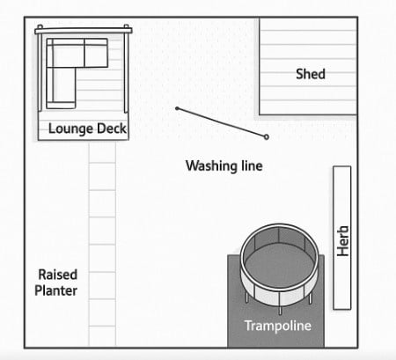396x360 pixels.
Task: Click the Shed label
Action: pyautogui.click(x=311, y=74)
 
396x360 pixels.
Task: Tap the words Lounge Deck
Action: pyautogui.click(x=87, y=129)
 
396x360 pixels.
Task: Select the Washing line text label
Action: pyautogui.click(x=224, y=165)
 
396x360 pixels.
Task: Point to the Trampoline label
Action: pyautogui.click(x=278, y=326)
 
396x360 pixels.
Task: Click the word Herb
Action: pyautogui.click(x=342, y=241)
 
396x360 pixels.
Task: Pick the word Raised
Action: pyautogui.click(x=58, y=275)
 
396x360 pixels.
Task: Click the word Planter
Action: pyautogui.click(x=55, y=290)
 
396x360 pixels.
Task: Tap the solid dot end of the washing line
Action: pyautogui.click(x=177, y=108)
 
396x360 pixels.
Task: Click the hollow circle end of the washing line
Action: pyautogui.click(x=267, y=136)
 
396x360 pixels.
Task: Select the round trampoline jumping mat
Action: pyautogui.click(x=279, y=266)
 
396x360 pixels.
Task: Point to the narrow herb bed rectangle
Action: pyautogui.click(x=342, y=238)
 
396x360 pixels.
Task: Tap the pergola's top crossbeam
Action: pyautogui.click(x=84, y=31)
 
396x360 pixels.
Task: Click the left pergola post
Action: pyautogui.click(x=40, y=68)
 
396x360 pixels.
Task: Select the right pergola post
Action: pyautogui.click(x=126, y=69)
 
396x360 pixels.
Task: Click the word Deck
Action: pyautogui.click(x=112, y=129)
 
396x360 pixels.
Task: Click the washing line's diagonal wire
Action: pyautogui.click(x=222, y=122)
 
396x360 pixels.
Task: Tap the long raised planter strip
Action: pyautogui.click(x=102, y=244)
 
